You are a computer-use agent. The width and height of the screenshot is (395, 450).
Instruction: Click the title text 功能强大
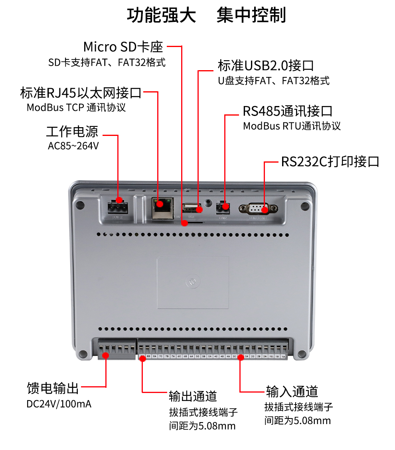pos(162,16)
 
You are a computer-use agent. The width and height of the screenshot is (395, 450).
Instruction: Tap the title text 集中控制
pos(251,16)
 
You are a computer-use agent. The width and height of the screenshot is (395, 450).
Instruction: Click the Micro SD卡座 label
pos(123,47)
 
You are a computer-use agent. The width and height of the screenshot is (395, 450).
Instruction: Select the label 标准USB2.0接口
pos(266,65)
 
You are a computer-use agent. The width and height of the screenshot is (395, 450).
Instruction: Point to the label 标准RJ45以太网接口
pos(81,93)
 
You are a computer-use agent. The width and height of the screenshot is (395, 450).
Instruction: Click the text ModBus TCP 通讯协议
pos(76,108)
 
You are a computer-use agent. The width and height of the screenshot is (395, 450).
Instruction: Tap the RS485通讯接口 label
pos(288,111)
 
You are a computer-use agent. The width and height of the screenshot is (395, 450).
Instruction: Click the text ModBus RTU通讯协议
pos(292,126)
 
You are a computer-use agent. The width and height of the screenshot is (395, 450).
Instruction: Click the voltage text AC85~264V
pos(73,146)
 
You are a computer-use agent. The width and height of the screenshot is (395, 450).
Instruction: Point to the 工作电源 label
pos(72,132)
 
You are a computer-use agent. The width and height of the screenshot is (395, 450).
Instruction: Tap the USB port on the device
pos(192,208)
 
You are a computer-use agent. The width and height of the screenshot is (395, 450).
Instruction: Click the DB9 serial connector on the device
pos(258,208)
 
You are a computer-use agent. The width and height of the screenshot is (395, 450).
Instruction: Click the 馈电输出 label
pos(53,387)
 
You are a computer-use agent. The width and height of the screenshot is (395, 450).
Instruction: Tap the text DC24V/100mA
pos(59,404)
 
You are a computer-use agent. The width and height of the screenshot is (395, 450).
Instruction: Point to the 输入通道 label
pos(292,391)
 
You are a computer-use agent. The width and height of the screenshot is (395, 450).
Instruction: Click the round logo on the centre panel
pos(193,281)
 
